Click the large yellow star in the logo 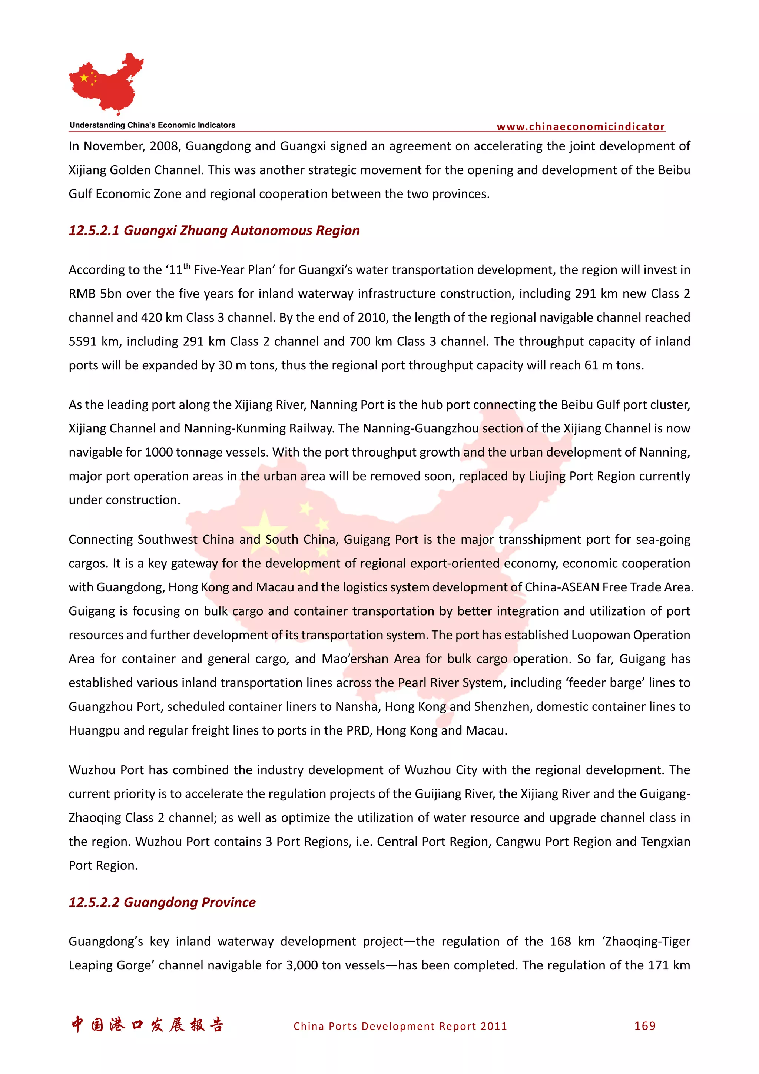[84, 78]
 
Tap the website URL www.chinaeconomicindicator [580, 127]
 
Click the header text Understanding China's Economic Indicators [152, 125]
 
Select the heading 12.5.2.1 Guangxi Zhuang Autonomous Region [214, 231]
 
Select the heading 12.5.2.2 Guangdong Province [162, 902]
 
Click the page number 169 [645, 1026]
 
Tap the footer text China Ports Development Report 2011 [400, 1026]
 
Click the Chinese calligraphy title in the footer [147, 1025]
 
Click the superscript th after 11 [186, 266]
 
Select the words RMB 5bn [95, 294]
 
